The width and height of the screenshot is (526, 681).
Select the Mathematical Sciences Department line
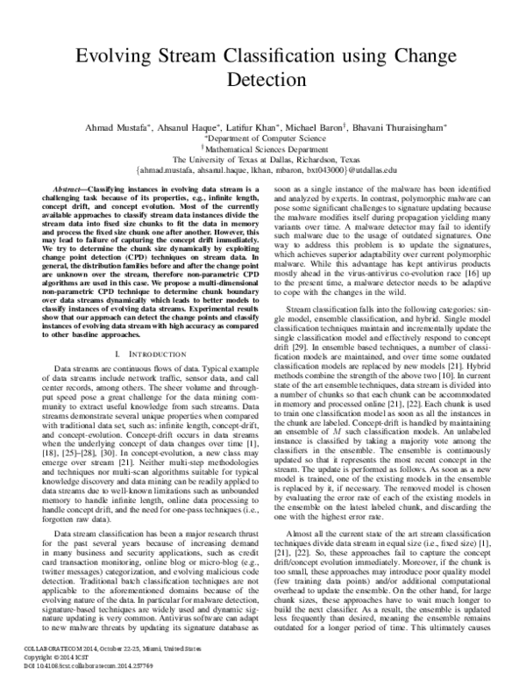coord(263,149)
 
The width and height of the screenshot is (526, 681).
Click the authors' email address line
coord(263,171)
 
